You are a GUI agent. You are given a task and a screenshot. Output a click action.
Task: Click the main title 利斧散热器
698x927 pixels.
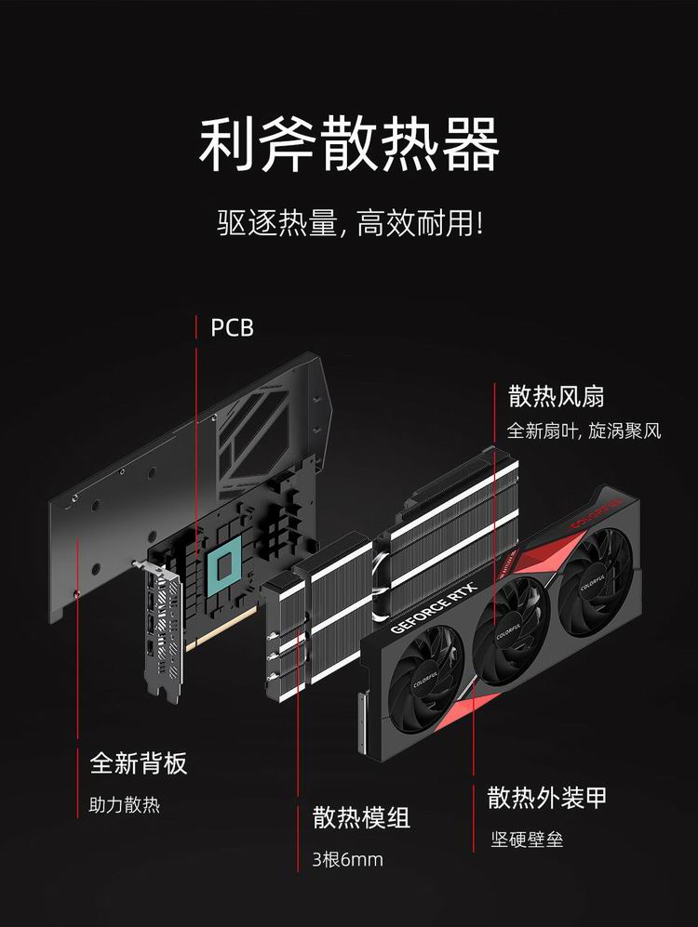349,145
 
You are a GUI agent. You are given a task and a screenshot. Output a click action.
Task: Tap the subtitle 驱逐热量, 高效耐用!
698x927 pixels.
350,223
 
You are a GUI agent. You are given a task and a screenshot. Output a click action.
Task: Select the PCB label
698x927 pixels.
232,327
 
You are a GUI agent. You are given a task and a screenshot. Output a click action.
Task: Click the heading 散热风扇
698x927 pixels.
556,395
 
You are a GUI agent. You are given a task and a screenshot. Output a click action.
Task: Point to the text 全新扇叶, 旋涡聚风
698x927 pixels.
584,430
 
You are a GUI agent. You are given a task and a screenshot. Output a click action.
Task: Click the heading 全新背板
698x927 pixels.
139,762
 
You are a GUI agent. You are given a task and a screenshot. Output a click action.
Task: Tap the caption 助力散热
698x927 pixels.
124,804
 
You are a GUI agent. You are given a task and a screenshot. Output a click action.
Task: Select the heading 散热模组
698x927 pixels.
361,817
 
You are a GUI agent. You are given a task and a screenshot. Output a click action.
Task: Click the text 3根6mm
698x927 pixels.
347,859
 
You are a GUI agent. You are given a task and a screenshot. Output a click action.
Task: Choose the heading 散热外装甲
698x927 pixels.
547,797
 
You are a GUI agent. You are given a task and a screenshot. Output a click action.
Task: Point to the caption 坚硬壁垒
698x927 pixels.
527,839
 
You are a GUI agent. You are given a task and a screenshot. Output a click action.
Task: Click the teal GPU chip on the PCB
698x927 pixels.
224,566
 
